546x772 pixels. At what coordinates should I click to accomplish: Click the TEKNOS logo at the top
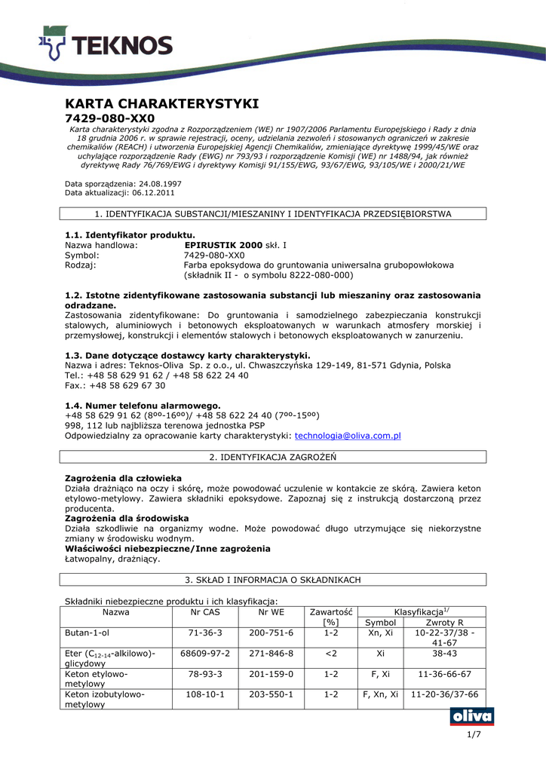point(105,43)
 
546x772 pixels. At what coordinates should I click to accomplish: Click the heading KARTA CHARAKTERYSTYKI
point(162,103)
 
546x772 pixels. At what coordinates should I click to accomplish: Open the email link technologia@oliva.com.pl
point(348,435)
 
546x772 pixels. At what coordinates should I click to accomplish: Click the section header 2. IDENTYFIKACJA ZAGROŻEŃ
point(272,457)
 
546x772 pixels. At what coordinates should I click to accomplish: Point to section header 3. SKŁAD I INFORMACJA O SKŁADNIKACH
point(272,580)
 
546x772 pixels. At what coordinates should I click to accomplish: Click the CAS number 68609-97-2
point(206,653)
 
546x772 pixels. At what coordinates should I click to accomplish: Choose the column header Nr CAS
point(206,611)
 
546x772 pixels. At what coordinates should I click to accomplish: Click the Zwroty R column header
point(444,622)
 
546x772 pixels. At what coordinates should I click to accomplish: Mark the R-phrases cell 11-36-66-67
point(444,673)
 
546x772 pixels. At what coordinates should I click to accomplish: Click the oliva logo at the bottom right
point(471,716)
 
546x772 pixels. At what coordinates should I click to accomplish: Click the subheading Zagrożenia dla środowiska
point(127,519)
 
